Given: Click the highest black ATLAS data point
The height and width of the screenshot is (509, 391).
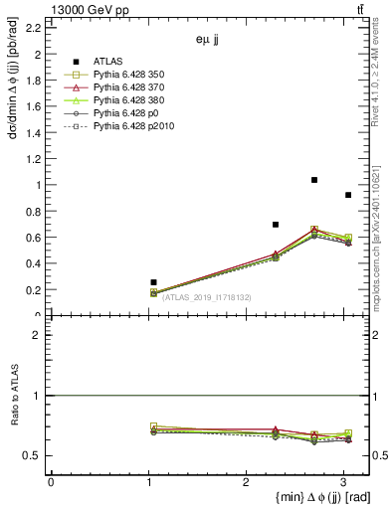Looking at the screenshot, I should (x=314, y=180).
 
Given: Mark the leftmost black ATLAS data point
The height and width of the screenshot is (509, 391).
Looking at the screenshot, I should (x=153, y=282).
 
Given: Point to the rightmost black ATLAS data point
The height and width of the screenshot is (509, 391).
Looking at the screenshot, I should (x=347, y=195).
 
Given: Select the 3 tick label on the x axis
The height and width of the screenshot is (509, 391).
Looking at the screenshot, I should (x=342, y=482).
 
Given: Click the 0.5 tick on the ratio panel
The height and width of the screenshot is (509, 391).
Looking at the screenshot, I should (x=33, y=455).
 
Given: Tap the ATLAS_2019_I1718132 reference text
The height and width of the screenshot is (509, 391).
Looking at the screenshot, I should (x=207, y=297).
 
